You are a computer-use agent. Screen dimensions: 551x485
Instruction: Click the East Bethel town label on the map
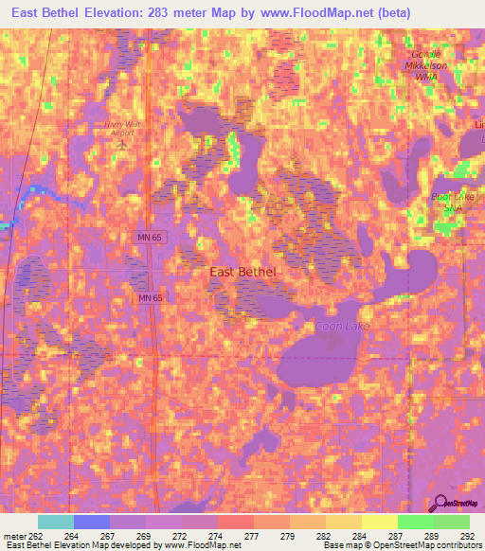click(x=242, y=272)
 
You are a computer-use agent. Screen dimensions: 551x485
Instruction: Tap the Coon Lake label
click(x=337, y=327)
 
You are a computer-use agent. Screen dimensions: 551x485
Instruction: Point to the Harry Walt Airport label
click(x=122, y=128)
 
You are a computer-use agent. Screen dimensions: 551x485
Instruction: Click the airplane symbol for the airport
click(x=122, y=142)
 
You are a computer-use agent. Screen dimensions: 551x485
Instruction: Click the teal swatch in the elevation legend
click(x=55, y=522)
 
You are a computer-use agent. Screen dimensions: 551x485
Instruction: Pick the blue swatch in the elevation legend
click(x=91, y=522)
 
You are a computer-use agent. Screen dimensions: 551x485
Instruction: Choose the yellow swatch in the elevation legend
click(x=379, y=522)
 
